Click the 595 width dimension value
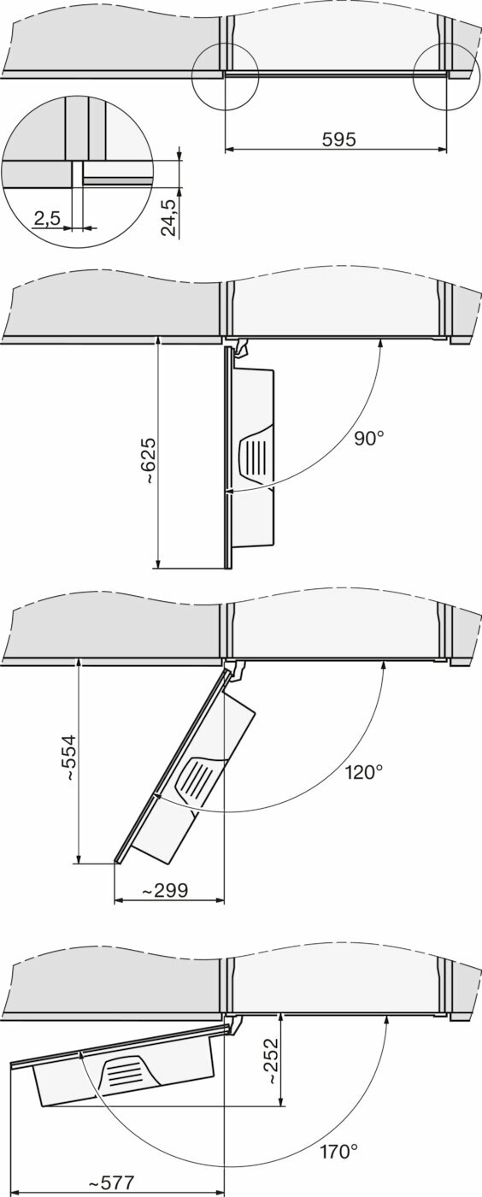click(x=338, y=139)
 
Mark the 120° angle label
click(x=364, y=771)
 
